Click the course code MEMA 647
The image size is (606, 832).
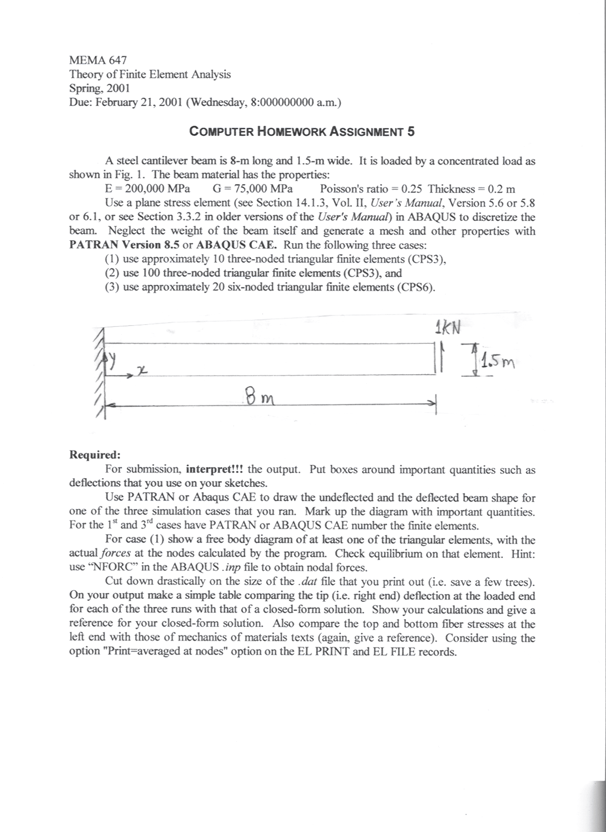98,60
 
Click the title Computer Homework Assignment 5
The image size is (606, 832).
302,131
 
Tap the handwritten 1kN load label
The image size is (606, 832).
447,327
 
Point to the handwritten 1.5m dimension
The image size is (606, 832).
497,364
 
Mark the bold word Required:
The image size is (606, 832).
95,455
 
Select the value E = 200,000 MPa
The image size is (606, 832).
147,189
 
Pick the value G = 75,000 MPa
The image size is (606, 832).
252,189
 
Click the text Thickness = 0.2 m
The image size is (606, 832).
471,189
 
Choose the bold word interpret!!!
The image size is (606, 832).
214,469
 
